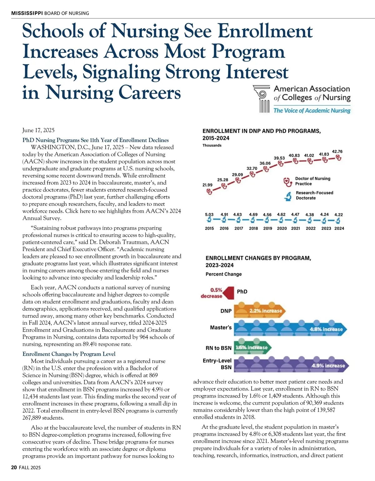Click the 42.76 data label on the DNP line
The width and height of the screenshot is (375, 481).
click(337, 151)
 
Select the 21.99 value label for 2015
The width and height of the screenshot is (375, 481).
click(207, 185)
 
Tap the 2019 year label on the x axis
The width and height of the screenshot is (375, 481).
click(267, 228)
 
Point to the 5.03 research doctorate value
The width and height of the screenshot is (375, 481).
click(209, 215)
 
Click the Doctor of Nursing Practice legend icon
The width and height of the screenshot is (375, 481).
click(287, 181)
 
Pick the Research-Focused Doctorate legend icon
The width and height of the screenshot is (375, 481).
click(288, 196)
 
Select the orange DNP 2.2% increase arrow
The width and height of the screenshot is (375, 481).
click(260, 310)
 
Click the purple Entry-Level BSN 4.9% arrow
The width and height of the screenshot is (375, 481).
click(291, 365)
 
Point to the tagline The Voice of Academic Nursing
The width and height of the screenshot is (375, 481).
click(312, 111)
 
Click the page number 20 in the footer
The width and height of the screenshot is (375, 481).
click(14, 468)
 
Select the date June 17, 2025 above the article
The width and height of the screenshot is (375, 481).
click(38, 130)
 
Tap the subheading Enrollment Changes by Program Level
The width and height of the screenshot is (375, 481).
click(69, 354)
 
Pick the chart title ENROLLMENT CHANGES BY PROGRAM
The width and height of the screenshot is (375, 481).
click(258, 258)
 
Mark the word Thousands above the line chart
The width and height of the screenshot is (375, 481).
click(212, 145)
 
